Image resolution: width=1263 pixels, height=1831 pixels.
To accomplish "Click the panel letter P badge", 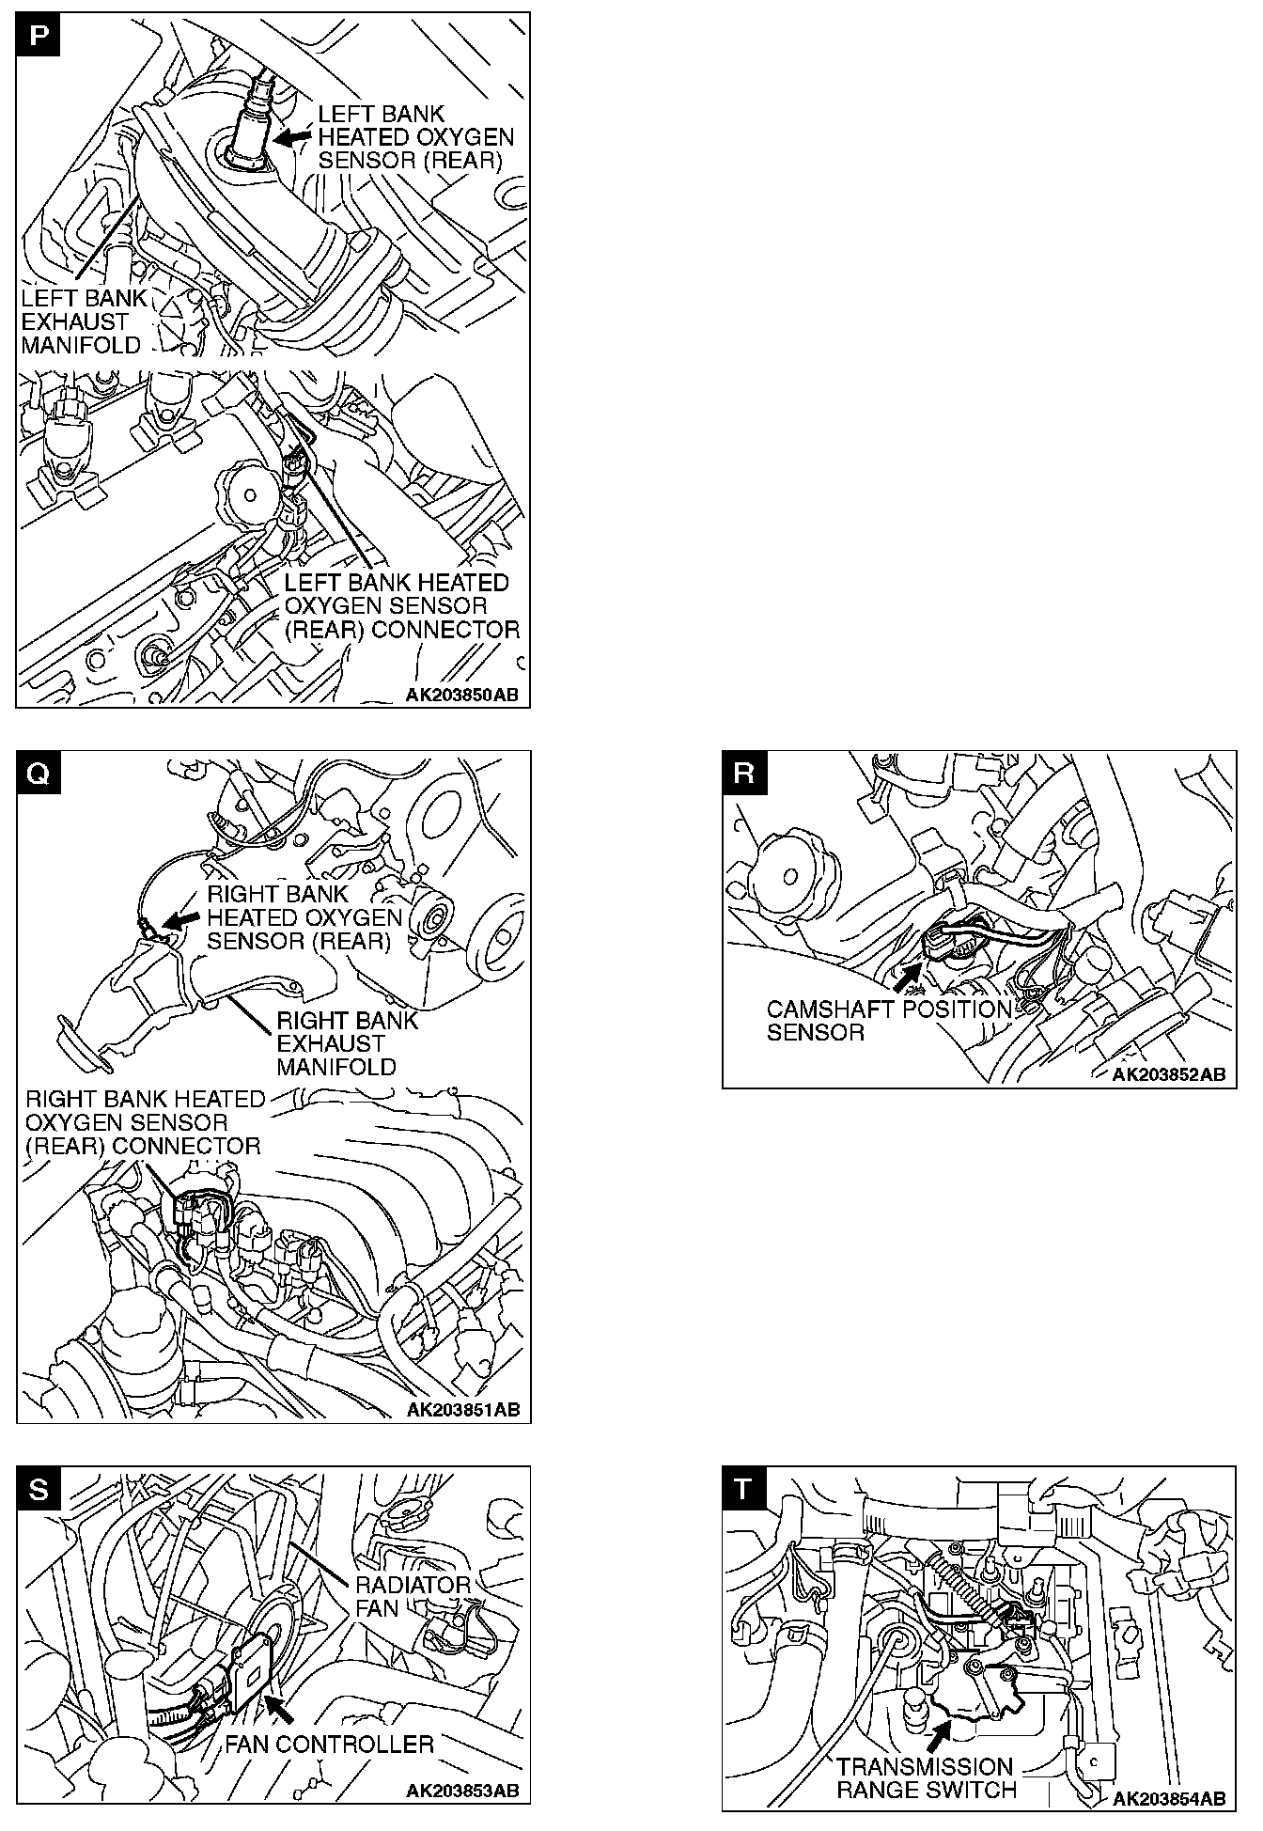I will pyautogui.click(x=38, y=35).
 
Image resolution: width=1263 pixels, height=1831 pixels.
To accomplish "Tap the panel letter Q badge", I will pyautogui.click(x=38, y=773).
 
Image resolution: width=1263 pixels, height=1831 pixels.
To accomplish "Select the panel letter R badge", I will pyautogui.click(x=744, y=773).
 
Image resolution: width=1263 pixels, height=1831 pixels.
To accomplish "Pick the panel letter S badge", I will pyautogui.click(x=38, y=1488).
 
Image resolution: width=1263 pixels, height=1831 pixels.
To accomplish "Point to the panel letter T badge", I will pyautogui.click(x=744, y=1488).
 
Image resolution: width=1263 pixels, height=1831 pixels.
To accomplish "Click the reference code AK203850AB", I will pyautogui.click(x=462, y=696).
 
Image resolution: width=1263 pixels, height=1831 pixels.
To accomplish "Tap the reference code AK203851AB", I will pyautogui.click(x=462, y=1410).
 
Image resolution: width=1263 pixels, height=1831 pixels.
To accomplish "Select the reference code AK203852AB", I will pyautogui.click(x=1169, y=1075).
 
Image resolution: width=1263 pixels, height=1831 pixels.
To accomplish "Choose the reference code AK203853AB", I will pyautogui.click(x=462, y=1791).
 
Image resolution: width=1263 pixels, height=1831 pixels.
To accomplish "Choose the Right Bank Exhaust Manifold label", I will pyautogui.click(x=346, y=1044).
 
